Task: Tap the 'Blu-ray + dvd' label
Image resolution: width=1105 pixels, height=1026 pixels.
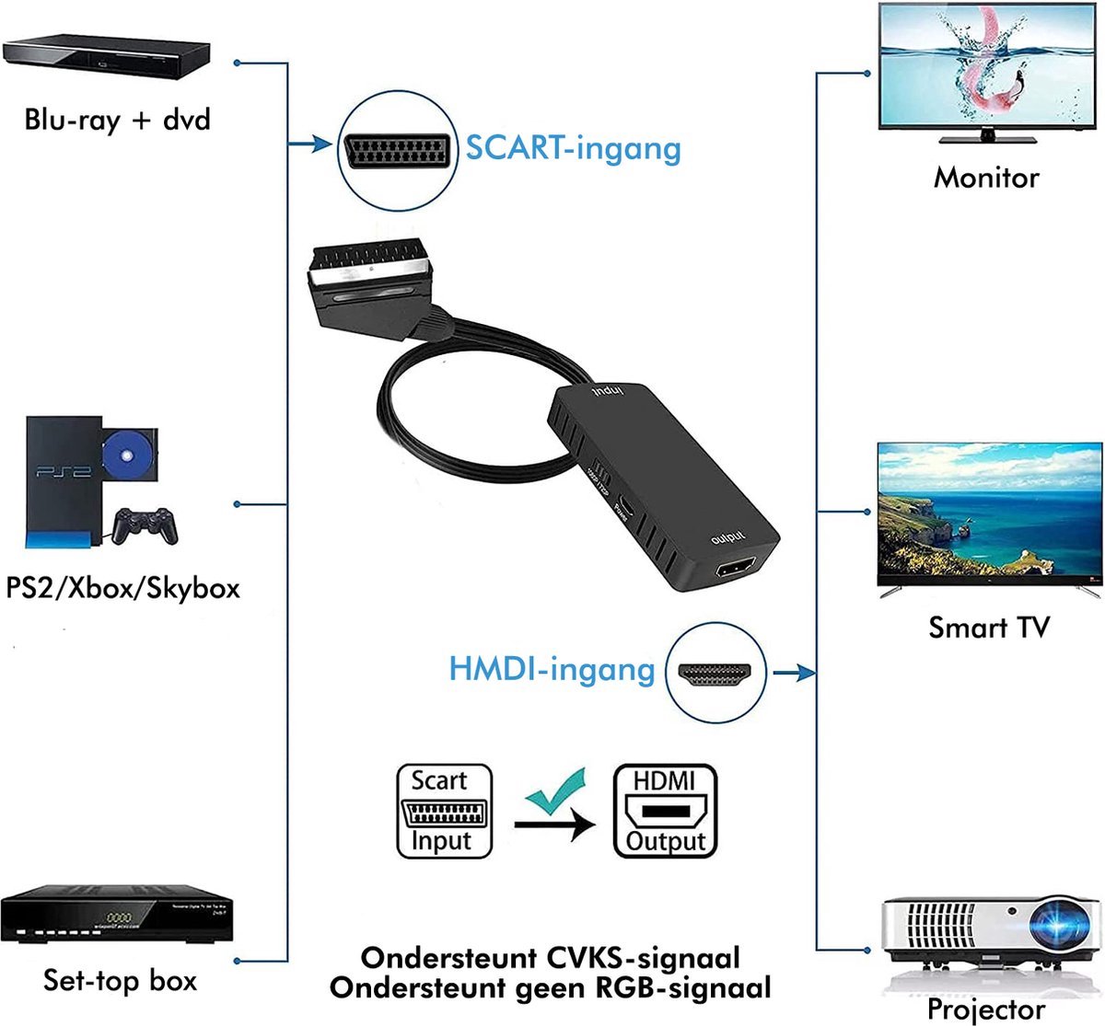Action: tap(118, 120)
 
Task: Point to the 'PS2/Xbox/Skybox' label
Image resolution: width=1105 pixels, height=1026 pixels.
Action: tap(122, 587)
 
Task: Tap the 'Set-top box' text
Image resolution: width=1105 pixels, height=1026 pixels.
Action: tap(120, 980)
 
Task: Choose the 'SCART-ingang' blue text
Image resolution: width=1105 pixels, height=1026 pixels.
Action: tap(573, 147)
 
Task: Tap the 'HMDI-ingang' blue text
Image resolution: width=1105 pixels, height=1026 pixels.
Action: tap(552, 669)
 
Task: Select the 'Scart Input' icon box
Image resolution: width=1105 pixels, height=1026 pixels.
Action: tap(444, 812)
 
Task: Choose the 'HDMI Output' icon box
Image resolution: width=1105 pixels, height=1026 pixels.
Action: tap(665, 812)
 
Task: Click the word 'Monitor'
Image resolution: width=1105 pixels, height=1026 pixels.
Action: tap(985, 177)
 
